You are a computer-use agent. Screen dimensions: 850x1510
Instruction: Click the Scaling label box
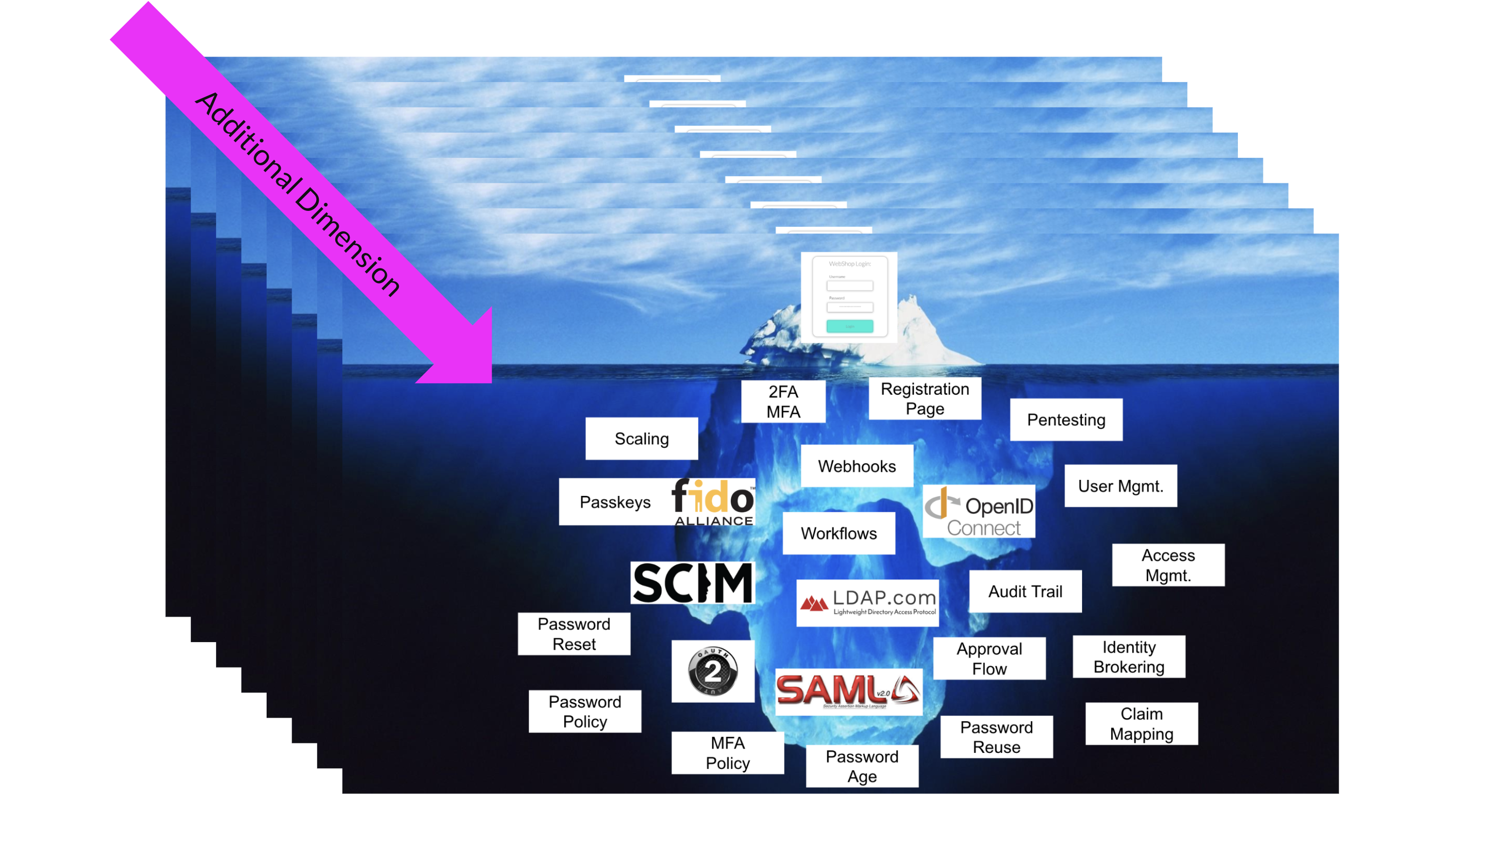641,439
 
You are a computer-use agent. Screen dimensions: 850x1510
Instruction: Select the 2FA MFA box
783,401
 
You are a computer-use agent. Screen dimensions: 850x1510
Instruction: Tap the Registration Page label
925,398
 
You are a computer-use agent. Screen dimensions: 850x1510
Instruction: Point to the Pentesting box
1065,419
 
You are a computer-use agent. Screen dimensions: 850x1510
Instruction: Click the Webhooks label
856,466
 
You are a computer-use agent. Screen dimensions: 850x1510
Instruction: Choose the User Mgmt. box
1120,486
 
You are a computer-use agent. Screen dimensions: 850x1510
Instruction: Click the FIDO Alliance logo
713,502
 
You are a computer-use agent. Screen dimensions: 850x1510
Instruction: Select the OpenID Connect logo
978,511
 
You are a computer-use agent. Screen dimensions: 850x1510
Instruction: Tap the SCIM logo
692,583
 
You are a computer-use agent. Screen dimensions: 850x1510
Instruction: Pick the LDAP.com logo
868,602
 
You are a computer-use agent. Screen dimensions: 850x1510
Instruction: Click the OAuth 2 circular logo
713,671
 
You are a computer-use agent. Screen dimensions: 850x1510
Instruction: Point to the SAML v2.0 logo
848,691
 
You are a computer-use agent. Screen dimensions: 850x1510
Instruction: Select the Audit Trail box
1025,591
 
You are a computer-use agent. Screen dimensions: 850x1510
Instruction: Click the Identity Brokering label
1129,657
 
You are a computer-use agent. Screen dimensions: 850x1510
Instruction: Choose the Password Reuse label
996,737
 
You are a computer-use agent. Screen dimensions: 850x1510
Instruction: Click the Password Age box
861,766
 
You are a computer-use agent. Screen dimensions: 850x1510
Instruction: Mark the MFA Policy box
728,753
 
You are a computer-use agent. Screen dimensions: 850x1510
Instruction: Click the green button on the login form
849,326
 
